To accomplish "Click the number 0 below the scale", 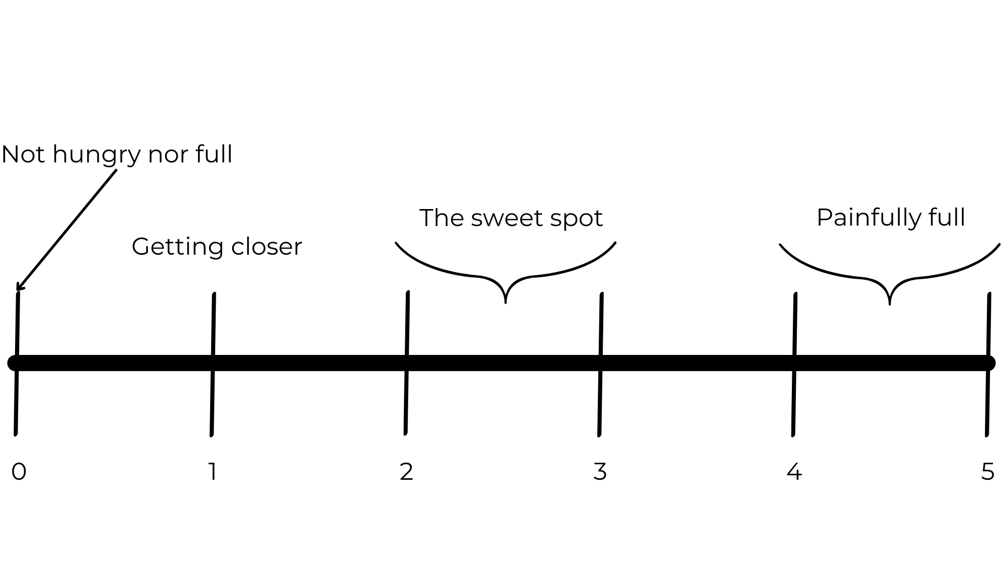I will (19, 472).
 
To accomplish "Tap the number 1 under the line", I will (213, 472).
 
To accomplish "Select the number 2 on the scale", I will (406, 472).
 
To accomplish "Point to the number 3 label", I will (600, 472).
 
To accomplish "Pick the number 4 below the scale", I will (794, 472).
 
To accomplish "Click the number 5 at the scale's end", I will (987, 472).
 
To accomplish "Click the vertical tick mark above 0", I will (17, 326).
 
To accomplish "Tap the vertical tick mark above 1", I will (213, 326).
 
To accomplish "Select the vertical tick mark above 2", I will (407, 326).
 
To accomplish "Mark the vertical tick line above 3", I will (601, 326).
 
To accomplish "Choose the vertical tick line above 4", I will (794, 326).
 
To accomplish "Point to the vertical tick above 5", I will (988, 326).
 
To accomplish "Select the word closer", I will (267, 247).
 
